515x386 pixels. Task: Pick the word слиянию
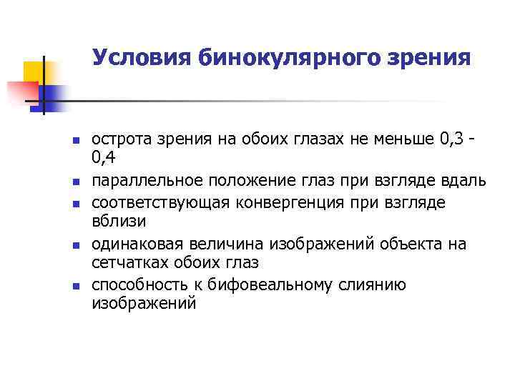tap(372, 286)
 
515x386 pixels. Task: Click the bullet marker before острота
tap(66, 140)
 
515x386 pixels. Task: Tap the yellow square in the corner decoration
tap(33, 71)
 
